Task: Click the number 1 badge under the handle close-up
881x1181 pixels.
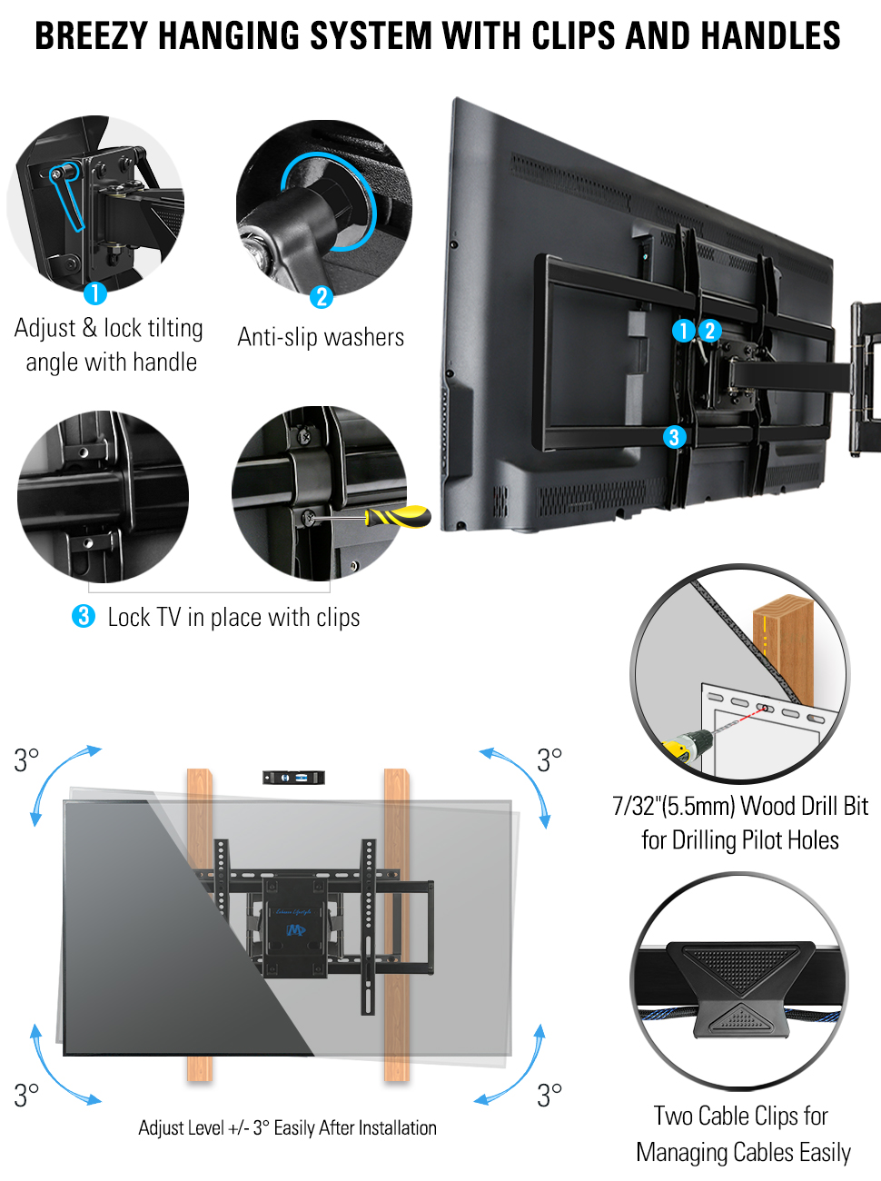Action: coord(94,293)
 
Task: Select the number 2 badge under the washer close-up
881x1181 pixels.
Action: coord(321,297)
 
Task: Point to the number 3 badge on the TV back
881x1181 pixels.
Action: coord(673,437)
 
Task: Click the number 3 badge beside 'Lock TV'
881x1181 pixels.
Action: coord(84,616)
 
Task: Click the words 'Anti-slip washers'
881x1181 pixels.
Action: coord(321,337)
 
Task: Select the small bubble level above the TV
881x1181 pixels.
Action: coord(293,778)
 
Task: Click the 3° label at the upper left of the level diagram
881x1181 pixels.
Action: coord(26,759)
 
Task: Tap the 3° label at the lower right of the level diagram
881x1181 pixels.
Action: coord(549,1095)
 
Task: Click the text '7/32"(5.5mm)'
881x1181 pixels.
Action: coord(673,806)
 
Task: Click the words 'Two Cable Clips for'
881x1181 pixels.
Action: coord(740,1116)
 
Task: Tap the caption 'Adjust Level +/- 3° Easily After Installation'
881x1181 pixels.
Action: coord(287,1128)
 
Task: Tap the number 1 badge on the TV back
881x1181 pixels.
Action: coord(683,331)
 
